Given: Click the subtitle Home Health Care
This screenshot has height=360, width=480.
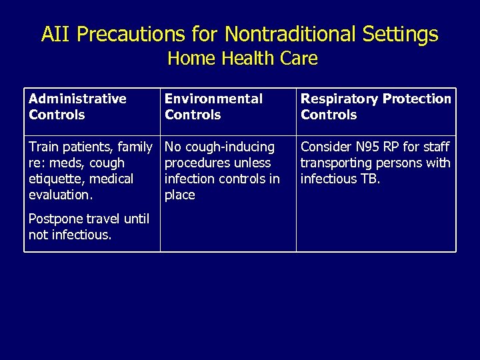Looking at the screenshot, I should pyautogui.click(x=242, y=59).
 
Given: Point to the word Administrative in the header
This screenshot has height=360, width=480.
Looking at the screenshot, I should pyautogui.click(x=77, y=99).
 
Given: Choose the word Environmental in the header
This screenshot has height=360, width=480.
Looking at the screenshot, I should pyautogui.click(x=213, y=99).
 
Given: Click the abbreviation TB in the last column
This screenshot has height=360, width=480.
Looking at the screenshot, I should pyautogui.click(x=369, y=179).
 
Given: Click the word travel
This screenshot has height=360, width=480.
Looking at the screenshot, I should pyautogui.click(x=101, y=219).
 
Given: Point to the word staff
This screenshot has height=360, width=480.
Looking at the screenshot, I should pyautogui.click(x=436, y=147).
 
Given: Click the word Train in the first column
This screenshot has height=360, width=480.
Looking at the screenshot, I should pyautogui.click(x=43, y=147).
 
